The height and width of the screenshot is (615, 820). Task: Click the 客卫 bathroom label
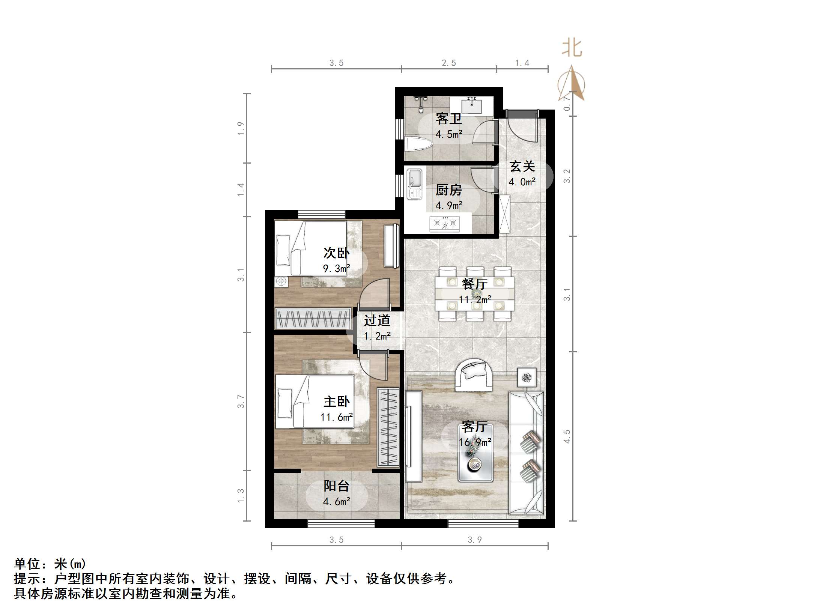point(448,119)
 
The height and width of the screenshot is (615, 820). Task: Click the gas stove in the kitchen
point(445,224)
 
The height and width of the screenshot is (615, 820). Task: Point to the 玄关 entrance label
point(522,166)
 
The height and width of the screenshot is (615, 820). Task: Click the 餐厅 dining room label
point(474,284)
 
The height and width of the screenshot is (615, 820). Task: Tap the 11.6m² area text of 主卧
point(336,417)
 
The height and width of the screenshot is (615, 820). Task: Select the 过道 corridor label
point(377,320)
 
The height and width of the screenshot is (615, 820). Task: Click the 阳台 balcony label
point(336,486)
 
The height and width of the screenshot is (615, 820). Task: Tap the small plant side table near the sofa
point(527,377)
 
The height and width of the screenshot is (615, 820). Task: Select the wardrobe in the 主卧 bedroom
point(388,427)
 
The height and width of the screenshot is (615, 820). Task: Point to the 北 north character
point(572,48)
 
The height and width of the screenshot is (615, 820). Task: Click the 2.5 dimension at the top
point(448,63)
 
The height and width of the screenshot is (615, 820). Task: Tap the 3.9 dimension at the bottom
point(474,540)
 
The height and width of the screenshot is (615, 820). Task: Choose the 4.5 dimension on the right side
point(567,436)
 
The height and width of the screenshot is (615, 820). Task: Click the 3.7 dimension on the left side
point(241,401)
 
